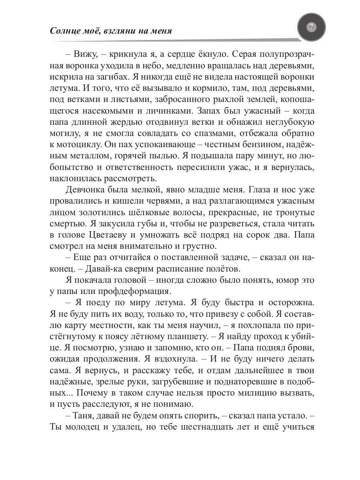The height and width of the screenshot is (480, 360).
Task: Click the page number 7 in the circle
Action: [312, 28]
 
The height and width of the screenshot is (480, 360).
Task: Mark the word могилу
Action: [65, 133]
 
